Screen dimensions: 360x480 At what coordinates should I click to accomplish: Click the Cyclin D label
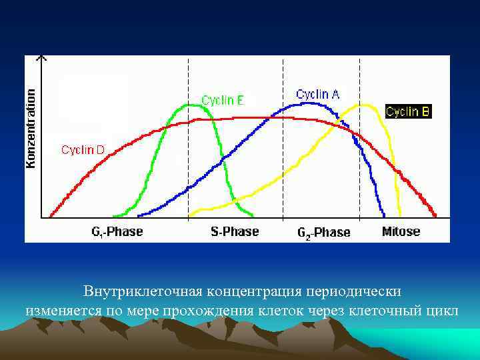click(83, 150)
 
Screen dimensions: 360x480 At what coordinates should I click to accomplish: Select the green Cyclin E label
click(223, 101)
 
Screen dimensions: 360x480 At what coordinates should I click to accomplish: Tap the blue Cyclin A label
click(317, 95)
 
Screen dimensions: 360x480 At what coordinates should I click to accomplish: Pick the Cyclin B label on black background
click(407, 111)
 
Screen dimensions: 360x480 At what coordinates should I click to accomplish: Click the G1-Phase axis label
click(117, 232)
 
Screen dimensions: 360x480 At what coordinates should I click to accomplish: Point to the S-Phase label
click(235, 232)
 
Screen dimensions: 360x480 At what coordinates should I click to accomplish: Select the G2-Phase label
click(323, 233)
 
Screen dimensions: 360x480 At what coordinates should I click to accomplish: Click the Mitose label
click(401, 232)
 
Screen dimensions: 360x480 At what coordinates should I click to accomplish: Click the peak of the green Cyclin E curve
click(188, 105)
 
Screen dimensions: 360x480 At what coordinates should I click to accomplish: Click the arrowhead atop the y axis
click(42, 59)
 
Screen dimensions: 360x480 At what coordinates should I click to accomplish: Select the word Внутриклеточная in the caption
click(143, 292)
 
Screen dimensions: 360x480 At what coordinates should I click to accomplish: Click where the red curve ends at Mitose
click(435, 215)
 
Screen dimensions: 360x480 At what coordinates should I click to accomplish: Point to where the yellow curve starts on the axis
click(190, 215)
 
